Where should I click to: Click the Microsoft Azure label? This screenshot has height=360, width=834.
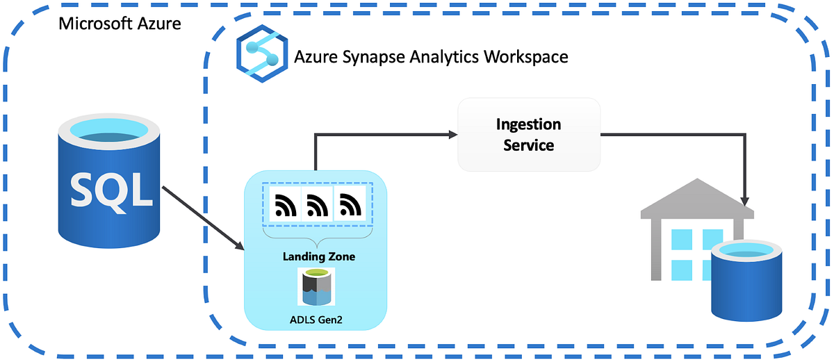[120, 24]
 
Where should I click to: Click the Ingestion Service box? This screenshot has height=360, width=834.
[528, 135]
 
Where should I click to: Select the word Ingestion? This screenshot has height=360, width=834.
[528, 124]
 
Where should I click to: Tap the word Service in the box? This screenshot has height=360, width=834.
[528, 145]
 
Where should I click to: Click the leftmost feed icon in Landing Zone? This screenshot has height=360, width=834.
[284, 204]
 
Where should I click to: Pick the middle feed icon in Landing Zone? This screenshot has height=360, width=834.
[317, 204]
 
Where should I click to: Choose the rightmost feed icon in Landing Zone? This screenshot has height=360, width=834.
[350, 204]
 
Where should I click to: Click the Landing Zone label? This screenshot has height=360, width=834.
[318, 256]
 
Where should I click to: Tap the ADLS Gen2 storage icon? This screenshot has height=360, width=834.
[316, 286]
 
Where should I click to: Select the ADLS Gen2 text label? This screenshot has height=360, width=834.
[316, 319]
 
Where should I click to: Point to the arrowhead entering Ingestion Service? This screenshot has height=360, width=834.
[451, 135]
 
